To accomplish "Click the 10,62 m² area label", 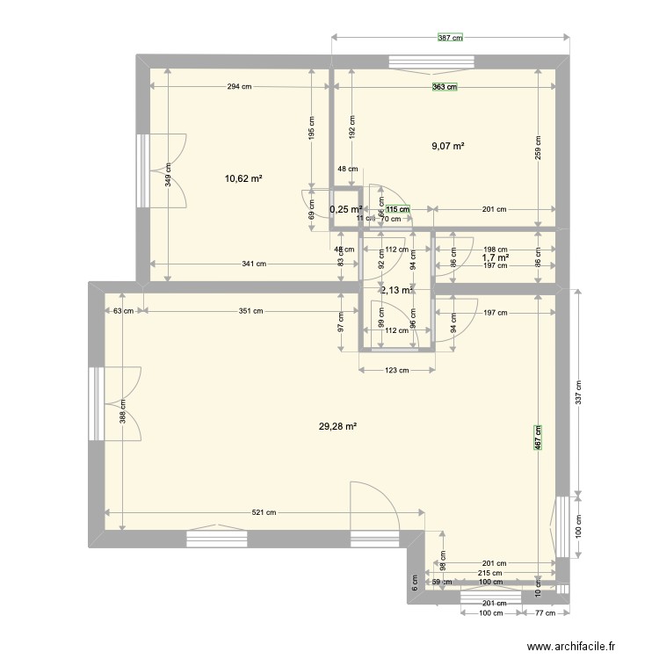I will [x=244, y=178].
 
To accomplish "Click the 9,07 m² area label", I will [x=447, y=147].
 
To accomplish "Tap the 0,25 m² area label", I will [x=345, y=209].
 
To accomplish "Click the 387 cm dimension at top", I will [x=451, y=39].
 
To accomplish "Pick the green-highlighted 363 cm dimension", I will [x=444, y=87].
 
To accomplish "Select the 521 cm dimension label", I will [x=264, y=513].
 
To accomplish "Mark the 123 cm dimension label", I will [x=397, y=370].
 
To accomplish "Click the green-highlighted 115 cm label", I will [x=401, y=209].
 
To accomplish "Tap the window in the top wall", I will [x=432, y=62].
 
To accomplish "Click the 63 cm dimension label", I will [x=123, y=310].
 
